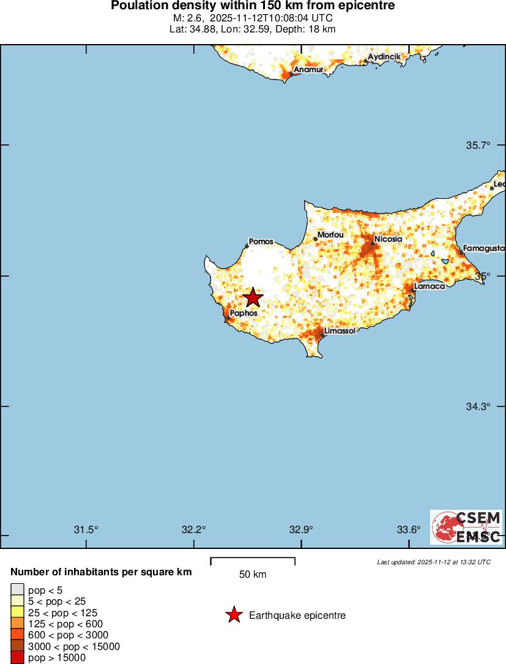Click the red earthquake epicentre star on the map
253,298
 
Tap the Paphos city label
244,313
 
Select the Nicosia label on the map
388,239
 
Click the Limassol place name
340,330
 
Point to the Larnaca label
429,286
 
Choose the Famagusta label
483,248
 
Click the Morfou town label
330,234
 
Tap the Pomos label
261,242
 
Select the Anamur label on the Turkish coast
308,70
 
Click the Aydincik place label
384,57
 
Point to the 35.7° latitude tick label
478,146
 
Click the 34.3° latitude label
478,407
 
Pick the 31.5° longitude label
86,529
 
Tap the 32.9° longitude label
301,529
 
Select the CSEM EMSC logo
466,527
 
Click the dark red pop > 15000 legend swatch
17,658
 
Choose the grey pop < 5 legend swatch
17,590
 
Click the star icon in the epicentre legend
233,615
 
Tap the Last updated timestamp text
433,562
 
